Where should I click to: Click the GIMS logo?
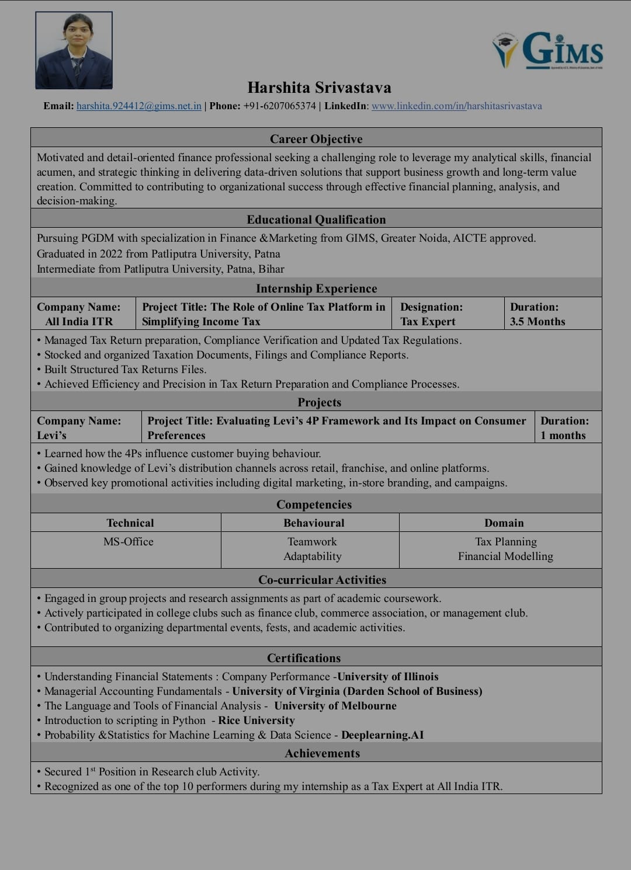pos(548,50)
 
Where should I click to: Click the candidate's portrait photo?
pos(74,50)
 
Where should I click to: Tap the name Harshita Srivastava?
pos(319,88)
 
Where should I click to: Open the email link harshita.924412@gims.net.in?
pos(139,106)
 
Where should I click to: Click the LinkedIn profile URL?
pos(456,106)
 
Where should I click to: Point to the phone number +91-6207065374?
pos(279,106)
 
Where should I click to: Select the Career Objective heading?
pos(316,139)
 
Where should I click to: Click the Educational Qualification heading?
pos(316,220)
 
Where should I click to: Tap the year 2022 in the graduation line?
pos(111,254)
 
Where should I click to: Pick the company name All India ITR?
pos(79,322)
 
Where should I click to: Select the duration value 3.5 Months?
pos(538,322)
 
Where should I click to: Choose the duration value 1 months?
pos(563,436)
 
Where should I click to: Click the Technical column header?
pos(130,523)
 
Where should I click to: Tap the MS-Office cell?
pos(129,542)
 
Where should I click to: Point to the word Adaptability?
pos(313,556)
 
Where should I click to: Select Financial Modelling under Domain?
pos(505,556)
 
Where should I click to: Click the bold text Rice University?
pos(256,721)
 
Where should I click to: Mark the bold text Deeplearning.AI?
pos(382,735)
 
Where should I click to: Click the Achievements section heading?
pos(322,753)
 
